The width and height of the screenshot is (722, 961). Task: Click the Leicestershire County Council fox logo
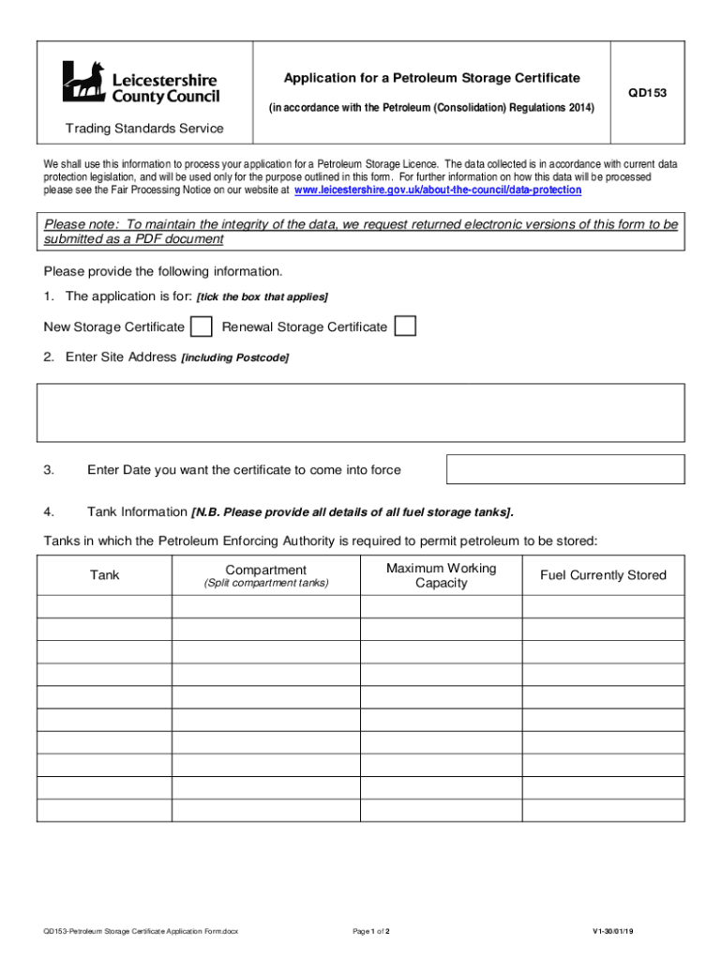pyautogui.click(x=83, y=82)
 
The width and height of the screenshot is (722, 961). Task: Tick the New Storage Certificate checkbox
pyautogui.click(x=201, y=327)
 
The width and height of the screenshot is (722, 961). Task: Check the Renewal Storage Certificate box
pyautogui.click(x=405, y=327)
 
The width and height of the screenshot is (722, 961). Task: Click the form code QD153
pyautogui.click(x=648, y=93)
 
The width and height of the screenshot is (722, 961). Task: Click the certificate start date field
pyautogui.click(x=565, y=469)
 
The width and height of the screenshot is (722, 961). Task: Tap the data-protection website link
pyautogui.click(x=438, y=190)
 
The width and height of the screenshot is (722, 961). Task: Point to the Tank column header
pyautogui.click(x=104, y=574)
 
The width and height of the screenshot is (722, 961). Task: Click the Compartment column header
pyautogui.click(x=266, y=571)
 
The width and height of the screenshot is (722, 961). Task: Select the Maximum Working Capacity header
pyautogui.click(x=441, y=575)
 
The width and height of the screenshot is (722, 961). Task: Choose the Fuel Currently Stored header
pyautogui.click(x=603, y=575)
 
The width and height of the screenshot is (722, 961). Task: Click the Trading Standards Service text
pyautogui.click(x=144, y=129)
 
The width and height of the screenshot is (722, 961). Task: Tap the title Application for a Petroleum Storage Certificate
pyautogui.click(x=432, y=78)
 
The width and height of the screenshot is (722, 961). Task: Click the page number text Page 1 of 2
pyautogui.click(x=370, y=932)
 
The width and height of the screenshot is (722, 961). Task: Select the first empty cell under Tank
pyautogui.click(x=104, y=606)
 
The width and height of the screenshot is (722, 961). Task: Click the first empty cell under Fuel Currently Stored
pyautogui.click(x=603, y=606)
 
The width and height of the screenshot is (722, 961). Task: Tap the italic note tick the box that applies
pyautogui.click(x=262, y=297)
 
